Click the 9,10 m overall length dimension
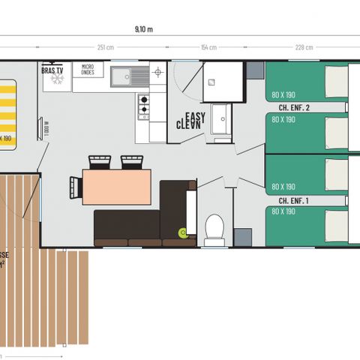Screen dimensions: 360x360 143,29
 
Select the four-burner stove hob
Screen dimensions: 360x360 142,106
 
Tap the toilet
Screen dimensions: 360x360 214,228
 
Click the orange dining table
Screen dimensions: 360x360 116,187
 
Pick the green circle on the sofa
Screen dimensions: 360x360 181,232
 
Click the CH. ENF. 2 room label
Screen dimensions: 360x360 294,108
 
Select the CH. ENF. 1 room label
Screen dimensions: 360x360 294,201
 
